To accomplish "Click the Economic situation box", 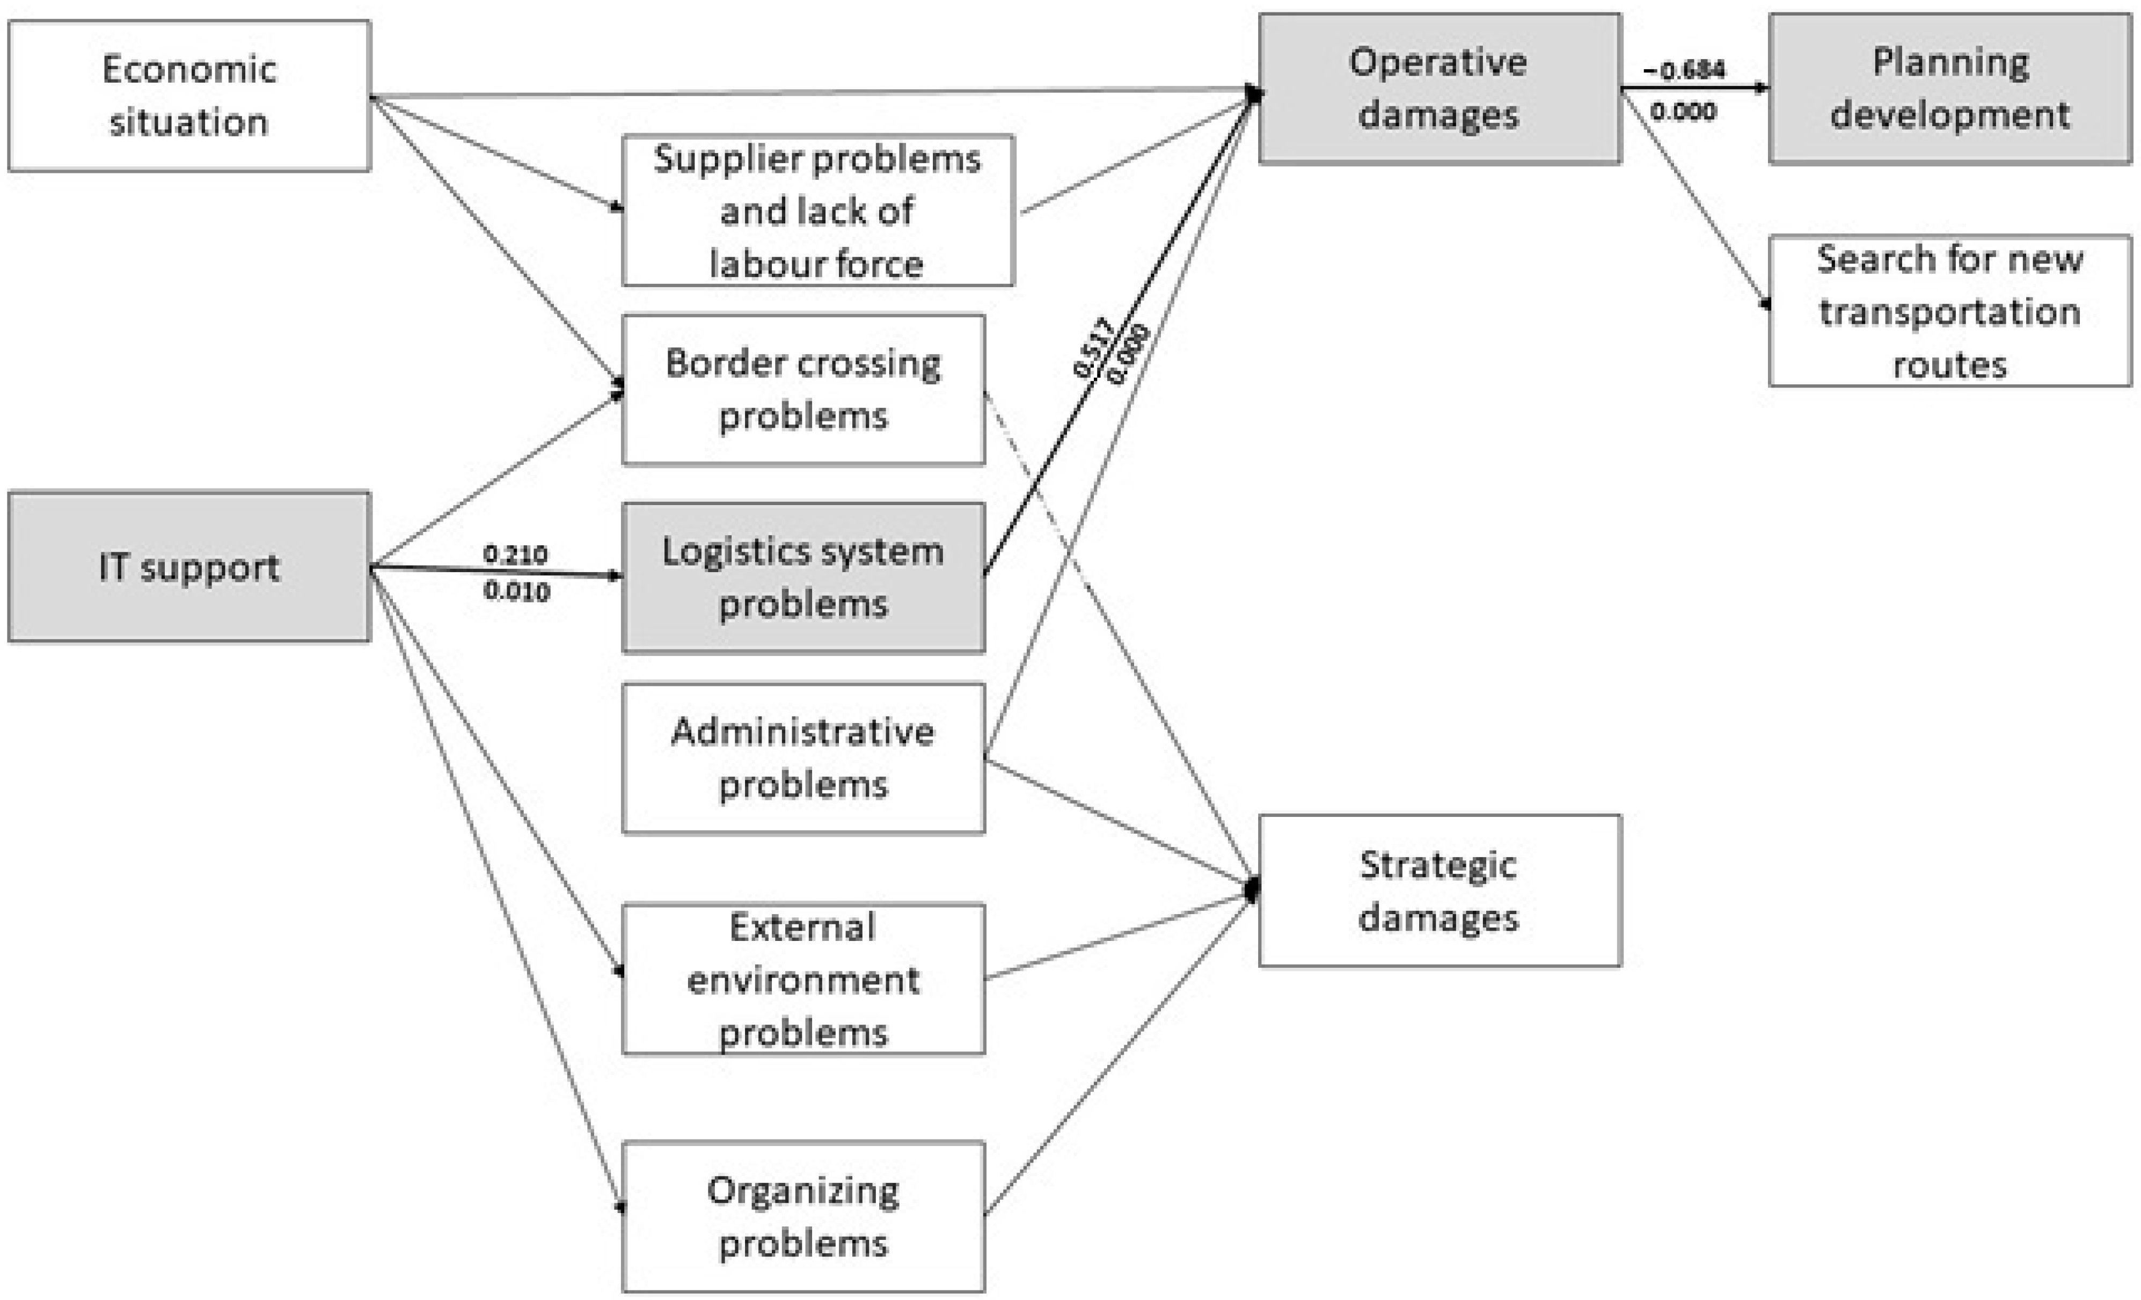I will coord(189,96).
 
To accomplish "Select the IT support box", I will coord(189,567).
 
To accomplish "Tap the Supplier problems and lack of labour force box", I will coord(817,210).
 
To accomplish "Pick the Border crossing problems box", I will coord(803,389).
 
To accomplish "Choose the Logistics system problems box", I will coord(803,578).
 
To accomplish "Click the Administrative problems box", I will coord(803,758).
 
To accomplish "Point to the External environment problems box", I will coord(803,980).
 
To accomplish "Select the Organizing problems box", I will coord(803,1217).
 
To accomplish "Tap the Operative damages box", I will coord(1439,89).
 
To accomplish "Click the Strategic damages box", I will coord(1439,890).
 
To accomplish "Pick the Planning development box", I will coord(1950,89).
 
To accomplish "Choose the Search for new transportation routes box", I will coord(1950,311).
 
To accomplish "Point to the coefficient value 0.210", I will coord(515,553).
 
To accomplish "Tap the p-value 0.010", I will coord(516,592).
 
